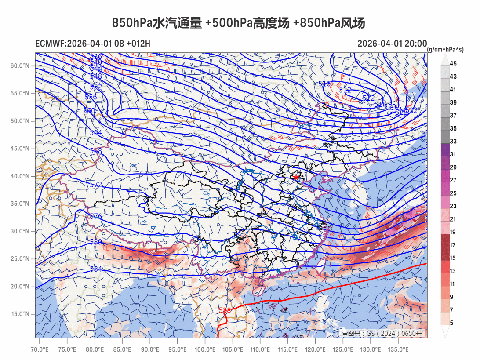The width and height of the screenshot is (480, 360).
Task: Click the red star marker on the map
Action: click(x=296, y=177)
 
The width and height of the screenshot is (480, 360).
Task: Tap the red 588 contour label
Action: click(x=225, y=310)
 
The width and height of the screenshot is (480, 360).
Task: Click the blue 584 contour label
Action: click(x=96, y=269)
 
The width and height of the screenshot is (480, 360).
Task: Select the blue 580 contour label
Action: click(x=96, y=242)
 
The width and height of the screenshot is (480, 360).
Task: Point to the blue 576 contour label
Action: click(x=96, y=216)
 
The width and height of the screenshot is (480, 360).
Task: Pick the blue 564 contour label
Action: click(x=96, y=132)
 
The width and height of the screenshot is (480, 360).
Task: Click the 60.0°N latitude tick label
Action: click(x=20, y=65)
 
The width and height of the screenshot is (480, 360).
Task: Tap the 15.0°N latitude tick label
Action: click(x=20, y=314)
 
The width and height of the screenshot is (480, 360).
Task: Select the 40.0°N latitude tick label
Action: click(x=20, y=176)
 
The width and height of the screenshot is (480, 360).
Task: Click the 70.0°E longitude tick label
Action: click(x=40, y=349)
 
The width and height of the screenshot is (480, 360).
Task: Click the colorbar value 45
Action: click(x=453, y=64)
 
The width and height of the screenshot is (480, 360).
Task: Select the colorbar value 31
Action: click(x=453, y=154)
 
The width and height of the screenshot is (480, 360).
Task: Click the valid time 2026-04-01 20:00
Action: click(x=392, y=44)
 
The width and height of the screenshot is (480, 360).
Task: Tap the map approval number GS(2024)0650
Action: click(x=382, y=334)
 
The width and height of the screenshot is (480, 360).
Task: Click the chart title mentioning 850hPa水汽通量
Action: click(x=238, y=23)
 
